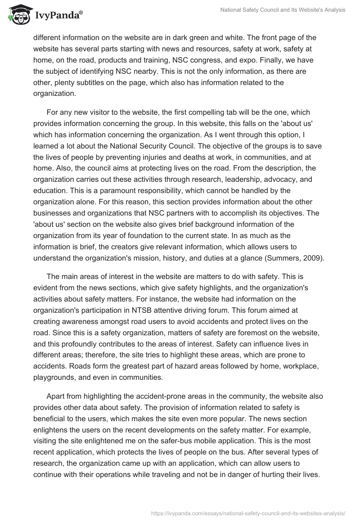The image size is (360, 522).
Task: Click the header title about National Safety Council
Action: [x=283, y=10]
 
